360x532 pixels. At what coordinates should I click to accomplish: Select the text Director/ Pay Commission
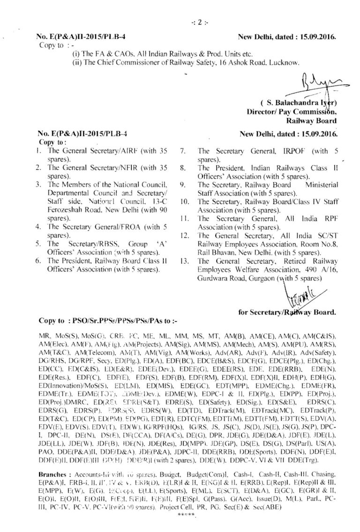point(293,112)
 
